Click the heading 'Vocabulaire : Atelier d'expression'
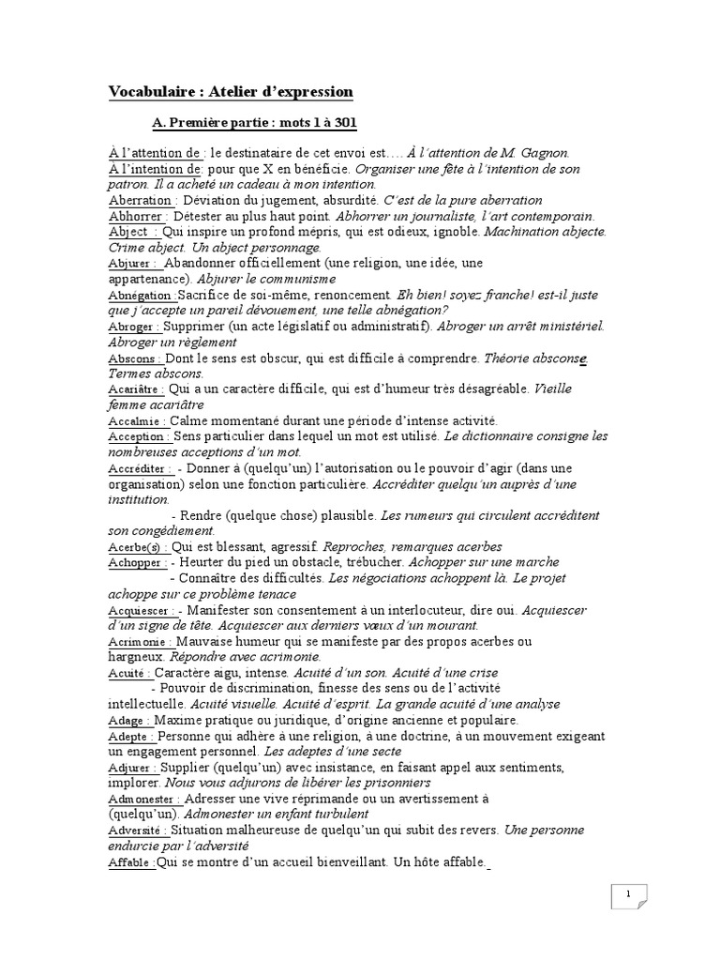click(x=231, y=92)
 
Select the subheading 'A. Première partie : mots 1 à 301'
click(x=253, y=123)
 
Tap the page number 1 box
click(x=628, y=896)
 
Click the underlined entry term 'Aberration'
click(x=141, y=200)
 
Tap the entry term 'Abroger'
click(x=135, y=327)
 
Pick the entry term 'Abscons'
click(x=135, y=358)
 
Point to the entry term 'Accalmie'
click(x=137, y=421)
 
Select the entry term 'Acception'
click(x=139, y=436)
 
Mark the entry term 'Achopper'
click(x=138, y=562)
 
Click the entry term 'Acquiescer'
click(x=142, y=610)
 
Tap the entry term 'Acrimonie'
click(x=141, y=642)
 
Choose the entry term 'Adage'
click(x=130, y=721)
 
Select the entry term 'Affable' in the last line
click(x=131, y=862)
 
